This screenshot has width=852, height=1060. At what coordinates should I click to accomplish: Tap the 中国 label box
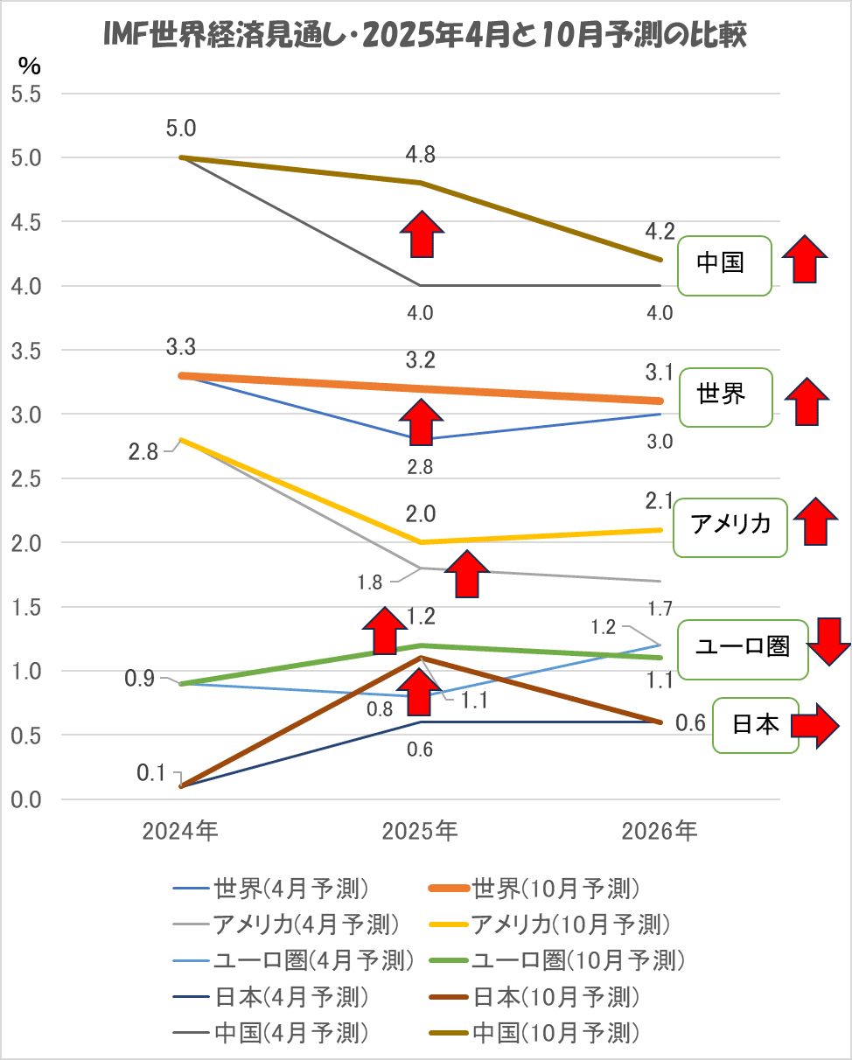(725, 263)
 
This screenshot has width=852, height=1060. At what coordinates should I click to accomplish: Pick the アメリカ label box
(730, 527)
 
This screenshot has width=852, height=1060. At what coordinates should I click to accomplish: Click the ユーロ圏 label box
(743, 648)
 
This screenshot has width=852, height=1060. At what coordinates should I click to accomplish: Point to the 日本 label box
(756, 725)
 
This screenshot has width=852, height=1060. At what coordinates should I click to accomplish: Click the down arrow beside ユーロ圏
(828, 640)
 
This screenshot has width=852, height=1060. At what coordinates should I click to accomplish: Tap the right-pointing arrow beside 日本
(814, 725)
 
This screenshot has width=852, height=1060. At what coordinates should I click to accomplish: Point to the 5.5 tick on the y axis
(25, 94)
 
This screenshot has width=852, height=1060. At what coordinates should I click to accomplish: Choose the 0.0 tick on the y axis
(25, 799)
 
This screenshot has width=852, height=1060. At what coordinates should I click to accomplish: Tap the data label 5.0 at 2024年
(181, 129)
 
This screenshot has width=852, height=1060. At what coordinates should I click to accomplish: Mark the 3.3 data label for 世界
(181, 349)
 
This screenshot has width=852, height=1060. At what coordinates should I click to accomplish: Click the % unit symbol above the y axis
(29, 66)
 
